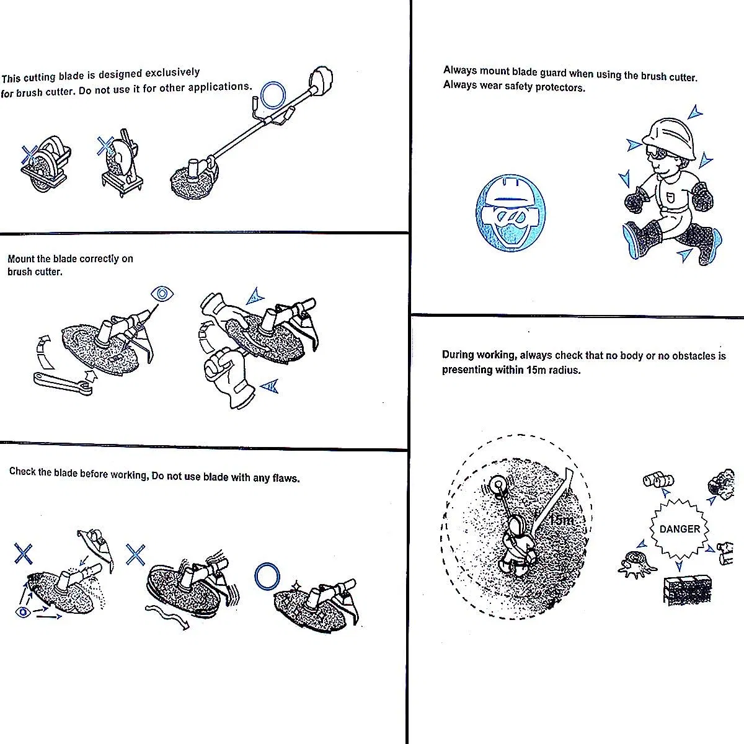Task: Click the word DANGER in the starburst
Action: pos(680,529)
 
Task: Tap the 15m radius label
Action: pos(562,520)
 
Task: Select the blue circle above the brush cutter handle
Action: pos(273,95)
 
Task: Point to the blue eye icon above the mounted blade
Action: pos(162,294)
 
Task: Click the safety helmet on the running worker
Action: pos(669,138)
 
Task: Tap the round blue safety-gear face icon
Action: pos(510,213)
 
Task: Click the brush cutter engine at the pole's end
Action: pos(321,81)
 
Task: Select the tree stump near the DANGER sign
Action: pos(637,564)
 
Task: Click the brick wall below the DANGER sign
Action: pos(687,590)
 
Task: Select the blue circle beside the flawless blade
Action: pos(267,576)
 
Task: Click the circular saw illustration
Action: pos(45,164)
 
